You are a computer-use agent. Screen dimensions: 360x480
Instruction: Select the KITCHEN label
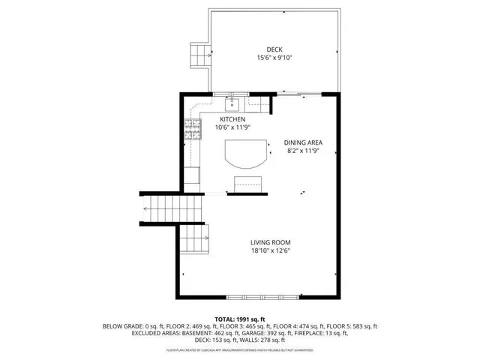(x=232, y=119)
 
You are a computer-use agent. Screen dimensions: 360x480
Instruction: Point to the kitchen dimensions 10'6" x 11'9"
(x=232, y=127)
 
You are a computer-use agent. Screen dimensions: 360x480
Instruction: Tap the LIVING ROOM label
(x=270, y=242)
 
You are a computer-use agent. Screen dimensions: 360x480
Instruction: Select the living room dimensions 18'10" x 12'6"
(x=270, y=250)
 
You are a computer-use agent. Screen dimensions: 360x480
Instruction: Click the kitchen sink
(x=232, y=101)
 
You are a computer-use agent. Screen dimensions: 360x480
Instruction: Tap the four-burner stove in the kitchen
(x=193, y=130)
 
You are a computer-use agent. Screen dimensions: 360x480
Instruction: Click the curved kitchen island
(x=244, y=155)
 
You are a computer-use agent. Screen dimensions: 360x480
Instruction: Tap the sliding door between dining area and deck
(x=300, y=94)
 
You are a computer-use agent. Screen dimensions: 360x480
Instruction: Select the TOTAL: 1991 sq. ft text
(x=240, y=319)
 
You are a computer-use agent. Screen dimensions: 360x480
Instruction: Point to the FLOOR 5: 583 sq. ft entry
(x=353, y=326)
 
